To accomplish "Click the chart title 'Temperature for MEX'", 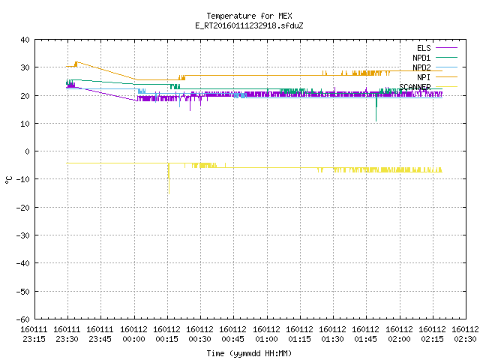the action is (x=249, y=16).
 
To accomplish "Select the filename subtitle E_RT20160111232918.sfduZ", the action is (x=249, y=25).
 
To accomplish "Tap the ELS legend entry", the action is (x=437, y=48).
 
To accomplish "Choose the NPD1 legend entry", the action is (x=435, y=58).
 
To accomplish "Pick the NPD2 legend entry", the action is (x=435, y=67).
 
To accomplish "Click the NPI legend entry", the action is (x=437, y=77).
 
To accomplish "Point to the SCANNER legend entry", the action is (x=428, y=87).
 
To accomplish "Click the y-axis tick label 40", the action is (x=25, y=40).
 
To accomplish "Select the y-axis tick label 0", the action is (x=28, y=151).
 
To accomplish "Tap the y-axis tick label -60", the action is (x=23, y=319).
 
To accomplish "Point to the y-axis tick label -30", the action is (x=23, y=235).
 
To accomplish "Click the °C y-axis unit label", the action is (x=8, y=180).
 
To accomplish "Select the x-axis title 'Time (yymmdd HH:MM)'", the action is (x=249, y=353).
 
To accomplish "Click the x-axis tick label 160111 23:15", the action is (x=34, y=334).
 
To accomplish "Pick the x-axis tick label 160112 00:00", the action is (x=133, y=334).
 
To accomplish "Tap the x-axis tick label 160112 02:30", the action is (x=465, y=334).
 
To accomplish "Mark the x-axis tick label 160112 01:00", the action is (x=267, y=334).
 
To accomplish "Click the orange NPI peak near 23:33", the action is (x=76, y=62).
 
